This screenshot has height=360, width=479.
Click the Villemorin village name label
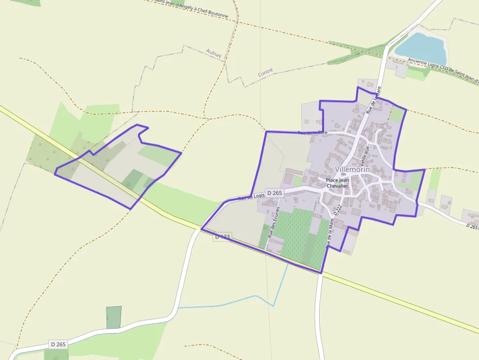tap(352, 169)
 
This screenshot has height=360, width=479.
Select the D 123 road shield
tap(222, 237)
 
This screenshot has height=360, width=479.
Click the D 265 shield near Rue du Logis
tap(275, 193)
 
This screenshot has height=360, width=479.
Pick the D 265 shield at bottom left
tap(58, 344)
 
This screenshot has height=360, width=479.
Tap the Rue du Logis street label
tap(251, 197)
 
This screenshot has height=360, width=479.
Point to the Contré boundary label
tap(265, 72)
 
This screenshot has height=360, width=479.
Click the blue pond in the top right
tap(421, 45)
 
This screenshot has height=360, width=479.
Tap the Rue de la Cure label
tap(312, 132)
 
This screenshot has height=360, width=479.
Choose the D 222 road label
tap(338, 211)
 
